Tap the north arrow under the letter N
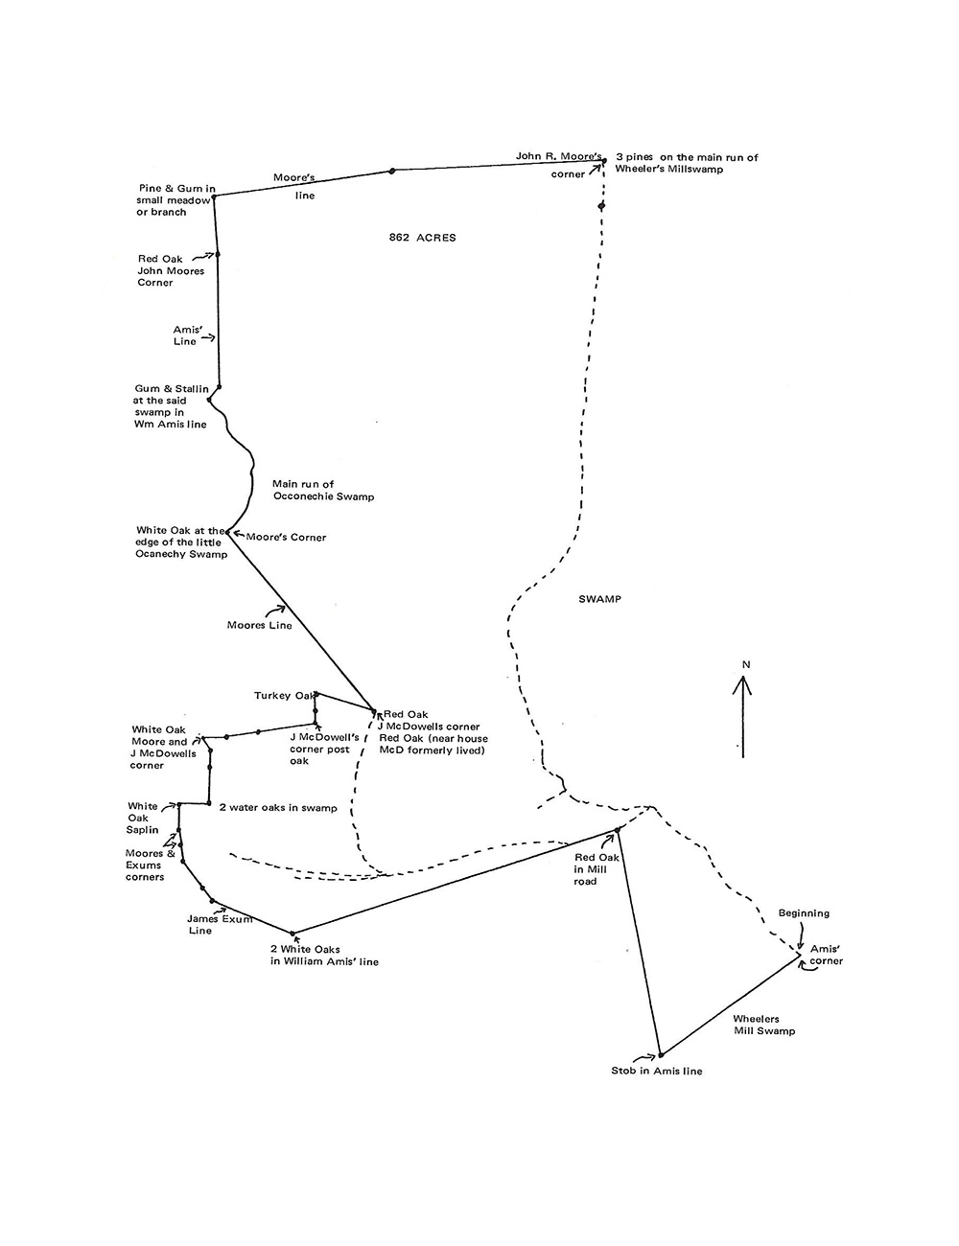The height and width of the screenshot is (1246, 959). tap(741, 714)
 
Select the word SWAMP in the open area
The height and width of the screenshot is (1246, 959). tap(600, 599)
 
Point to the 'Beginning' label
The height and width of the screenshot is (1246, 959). tap(804, 913)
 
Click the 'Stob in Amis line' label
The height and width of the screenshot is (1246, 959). tap(656, 1071)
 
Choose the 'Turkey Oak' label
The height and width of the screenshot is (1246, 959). tap(285, 695)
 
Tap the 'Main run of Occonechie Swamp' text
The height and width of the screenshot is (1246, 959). tap(323, 491)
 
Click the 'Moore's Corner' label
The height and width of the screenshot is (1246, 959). tap(286, 537)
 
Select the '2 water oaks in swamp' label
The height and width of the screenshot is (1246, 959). tap(278, 808)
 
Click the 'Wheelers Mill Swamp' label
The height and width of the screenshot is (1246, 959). tap(763, 1025)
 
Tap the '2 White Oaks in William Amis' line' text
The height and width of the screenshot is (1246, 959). tap(324, 956)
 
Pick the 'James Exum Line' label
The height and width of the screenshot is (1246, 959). tap(220, 924)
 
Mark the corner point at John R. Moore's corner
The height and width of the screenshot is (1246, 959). tap(604, 161)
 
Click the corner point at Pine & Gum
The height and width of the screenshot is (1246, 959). tap(213, 196)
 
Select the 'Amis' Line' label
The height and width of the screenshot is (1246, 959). tap(185, 335)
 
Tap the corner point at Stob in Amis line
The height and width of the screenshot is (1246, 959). tap(660, 1054)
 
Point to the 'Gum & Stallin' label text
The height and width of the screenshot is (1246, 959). tap(172, 406)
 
